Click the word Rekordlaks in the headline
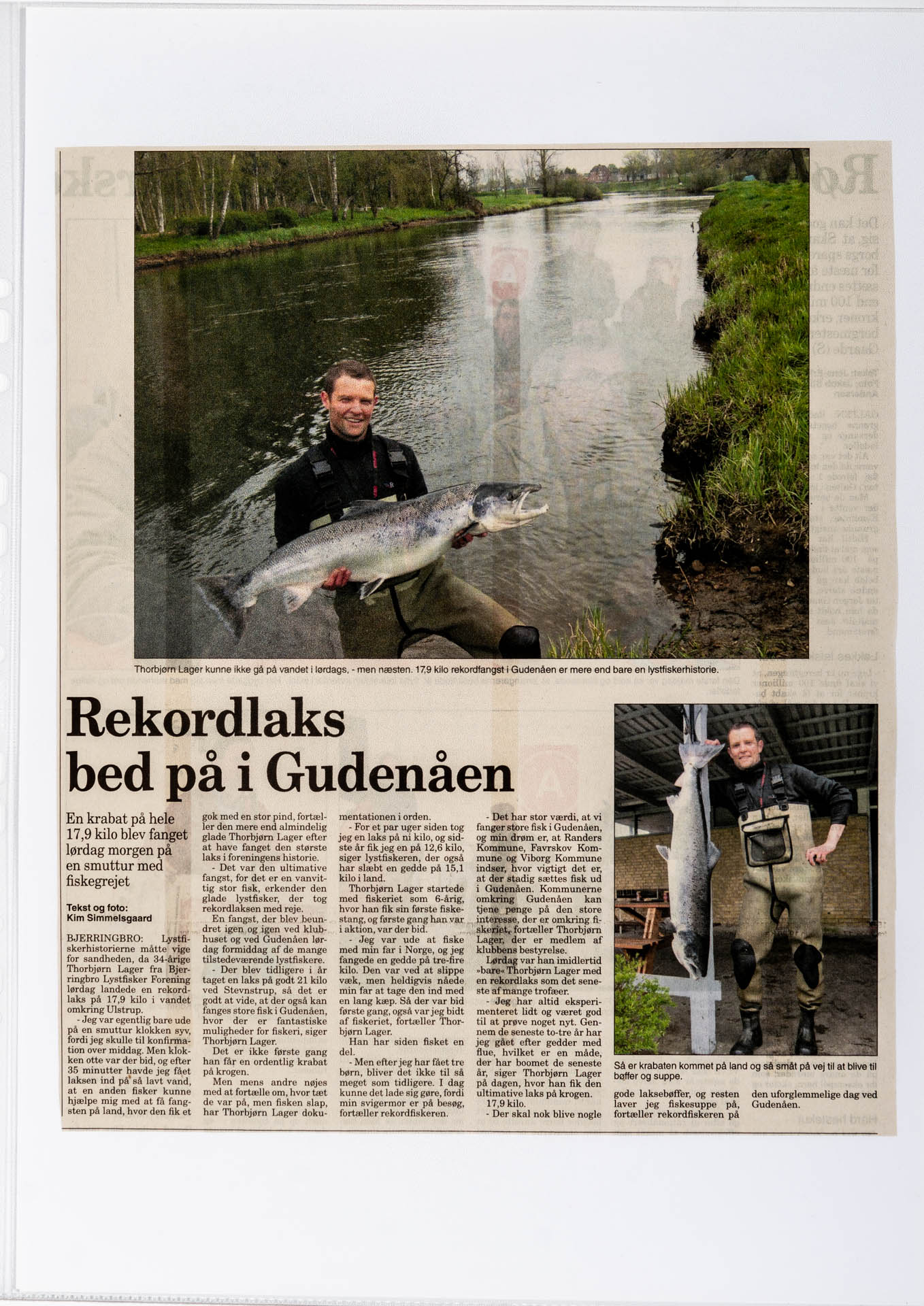(x=205, y=720)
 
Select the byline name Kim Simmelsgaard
(x=109, y=918)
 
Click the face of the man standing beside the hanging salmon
(x=744, y=748)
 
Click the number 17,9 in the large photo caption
(x=425, y=670)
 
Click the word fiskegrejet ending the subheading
(x=98, y=882)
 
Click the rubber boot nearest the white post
(x=748, y=1031)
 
